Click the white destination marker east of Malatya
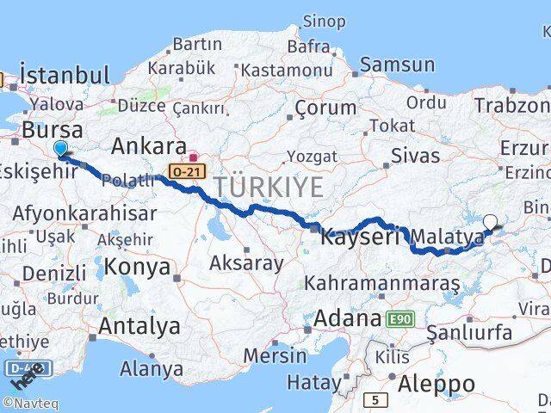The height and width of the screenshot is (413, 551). pyautogui.click(x=491, y=222)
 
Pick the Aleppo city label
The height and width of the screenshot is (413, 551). pyautogui.click(x=436, y=383)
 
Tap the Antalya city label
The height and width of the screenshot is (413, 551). pyautogui.click(x=139, y=326)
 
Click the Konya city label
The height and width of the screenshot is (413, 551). pyautogui.click(x=134, y=267)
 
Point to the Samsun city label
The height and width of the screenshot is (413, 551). pyautogui.click(x=397, y=64)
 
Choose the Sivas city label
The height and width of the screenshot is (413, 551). pyautogui.click(x=415, y=156)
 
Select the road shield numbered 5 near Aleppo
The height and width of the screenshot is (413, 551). pyautogui.click(x=375, y=400)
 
